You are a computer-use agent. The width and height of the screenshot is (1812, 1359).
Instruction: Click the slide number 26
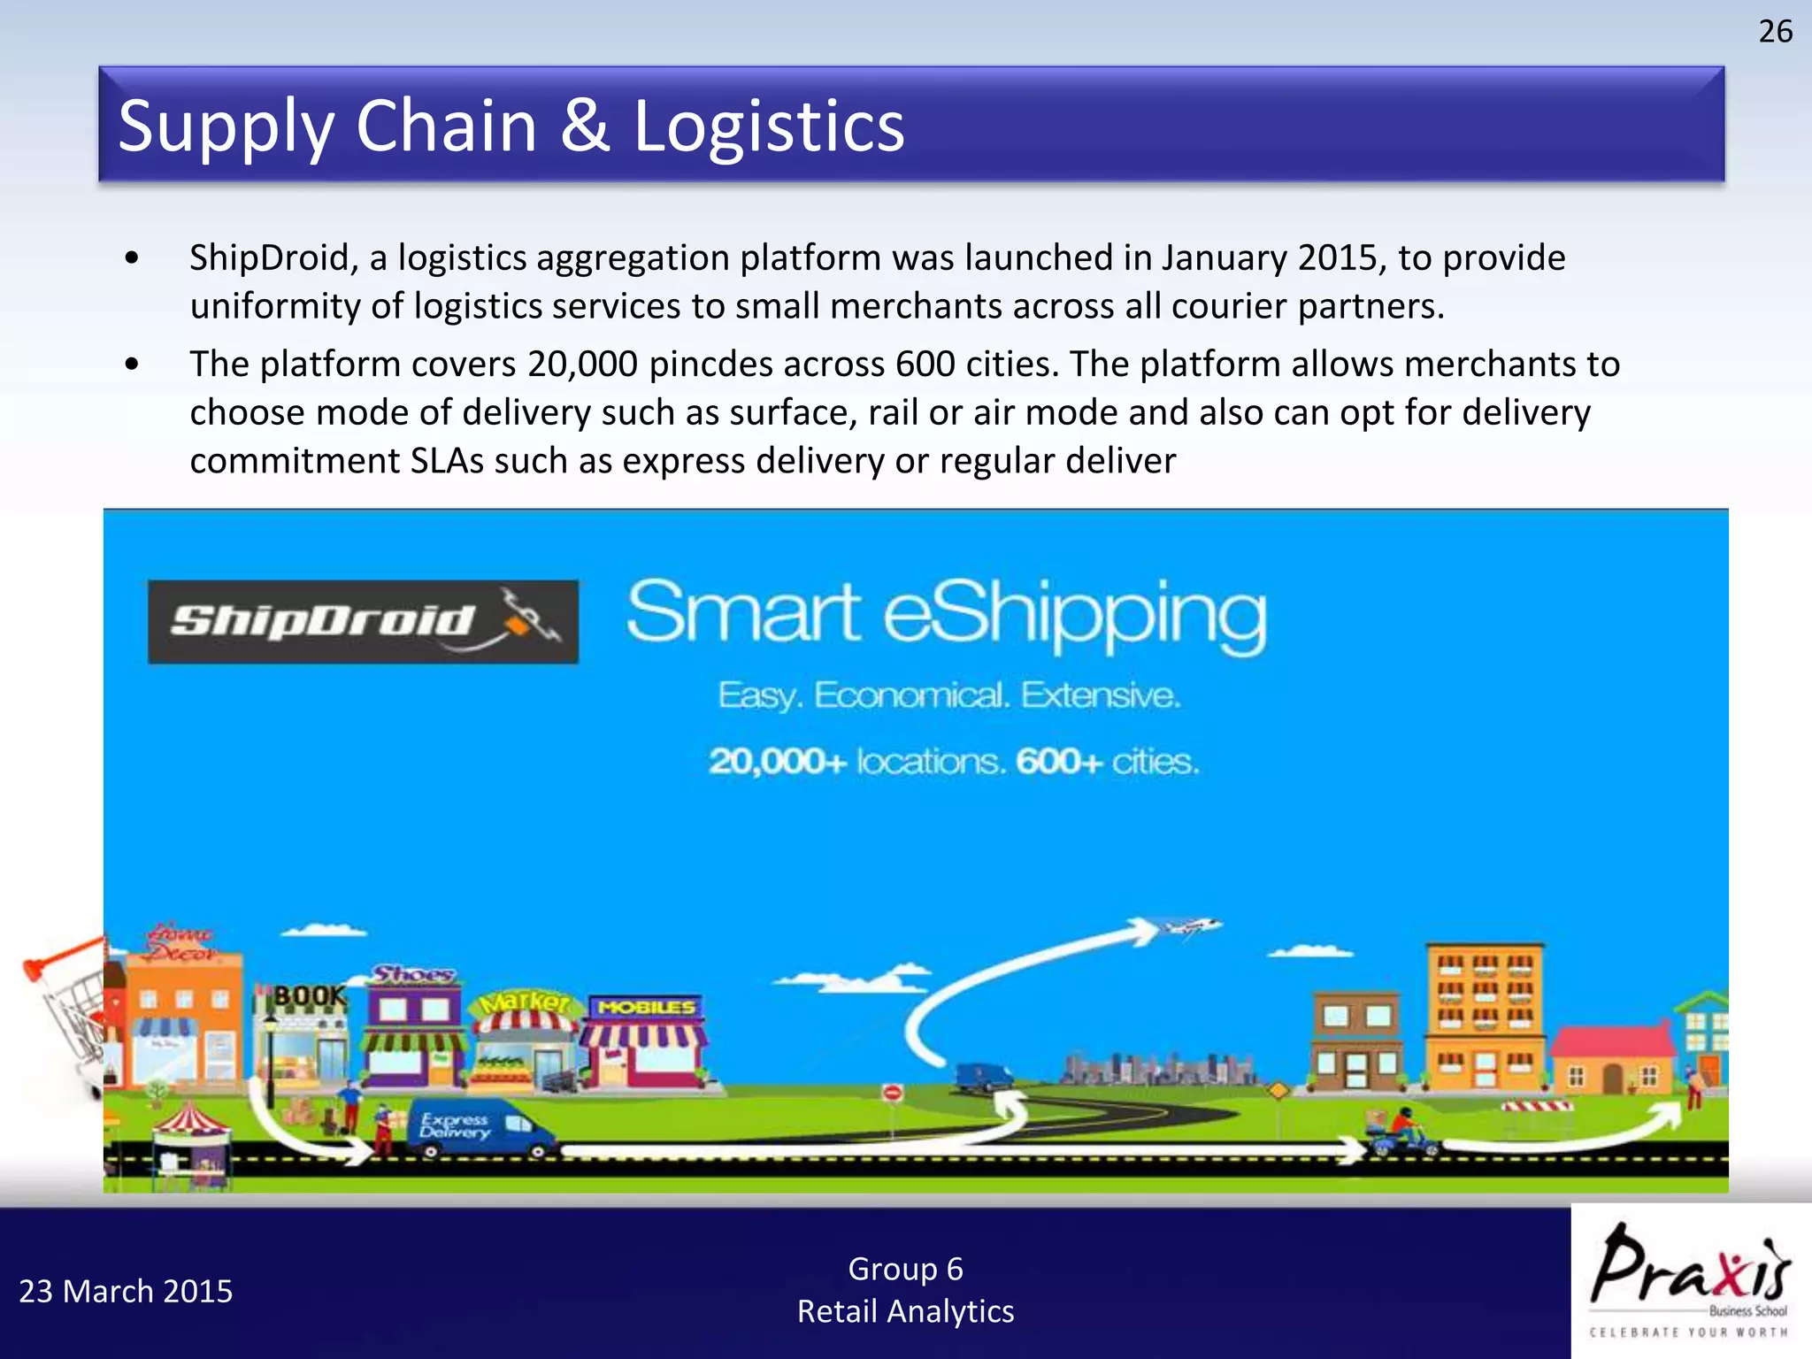pos(1775,32)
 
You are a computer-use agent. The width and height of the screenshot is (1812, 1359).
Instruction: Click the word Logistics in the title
pos(769,127)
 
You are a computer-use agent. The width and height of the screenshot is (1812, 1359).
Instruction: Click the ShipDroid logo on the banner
pos(363,621)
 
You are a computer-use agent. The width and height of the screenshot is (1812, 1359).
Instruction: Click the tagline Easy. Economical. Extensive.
pos(948,695)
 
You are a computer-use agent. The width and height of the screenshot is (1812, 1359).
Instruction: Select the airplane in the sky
pos(1191,926)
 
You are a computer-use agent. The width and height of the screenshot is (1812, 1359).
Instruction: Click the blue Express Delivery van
pos(478,1128)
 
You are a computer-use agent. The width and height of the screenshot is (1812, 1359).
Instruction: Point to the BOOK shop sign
pos(308,996)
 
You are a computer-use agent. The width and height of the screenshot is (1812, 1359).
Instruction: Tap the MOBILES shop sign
pos(647,1007)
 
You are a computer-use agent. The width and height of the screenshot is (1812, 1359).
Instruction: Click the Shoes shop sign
pos(413,975)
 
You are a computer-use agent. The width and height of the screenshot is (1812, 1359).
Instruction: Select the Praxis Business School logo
pos(1690,1279)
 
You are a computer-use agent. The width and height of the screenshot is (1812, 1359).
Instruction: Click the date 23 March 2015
pos(126,1292)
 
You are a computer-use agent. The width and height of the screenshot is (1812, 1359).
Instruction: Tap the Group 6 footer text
pos(905,1269)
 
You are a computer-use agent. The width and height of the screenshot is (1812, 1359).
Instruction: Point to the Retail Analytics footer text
pos(905,1311)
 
